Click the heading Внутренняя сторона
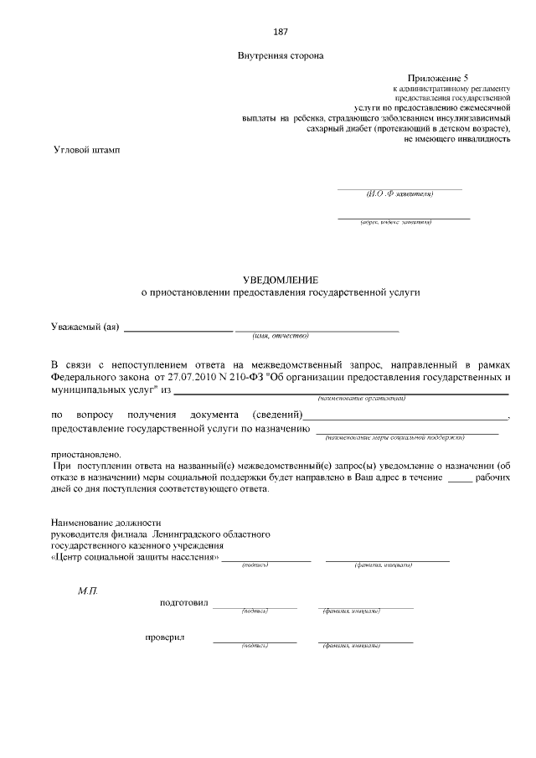tap(281, 56)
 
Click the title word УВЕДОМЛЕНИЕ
tap(281, 279)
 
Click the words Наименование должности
tap(106, 522)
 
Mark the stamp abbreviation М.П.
tap(89, 590)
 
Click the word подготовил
tap(185, 603)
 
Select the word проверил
tap(165, 638)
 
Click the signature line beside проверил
tap(255, 641)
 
